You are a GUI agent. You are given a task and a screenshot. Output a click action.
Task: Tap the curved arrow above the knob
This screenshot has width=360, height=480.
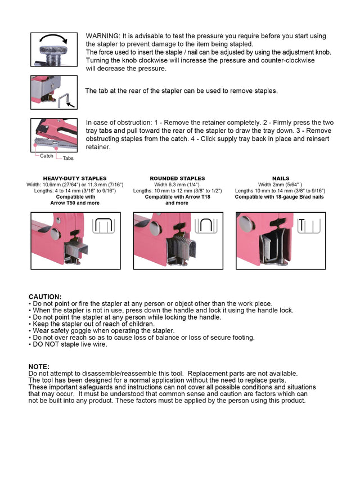(54, 40)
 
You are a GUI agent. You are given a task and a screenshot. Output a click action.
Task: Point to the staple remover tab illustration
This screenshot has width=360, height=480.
(54, 92)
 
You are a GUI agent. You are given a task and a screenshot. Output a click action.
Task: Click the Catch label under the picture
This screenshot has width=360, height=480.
(47, 156)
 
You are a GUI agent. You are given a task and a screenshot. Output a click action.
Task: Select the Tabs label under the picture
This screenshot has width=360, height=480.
(68, 158)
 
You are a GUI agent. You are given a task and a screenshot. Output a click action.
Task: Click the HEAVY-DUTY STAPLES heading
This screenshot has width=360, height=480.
(75, 178)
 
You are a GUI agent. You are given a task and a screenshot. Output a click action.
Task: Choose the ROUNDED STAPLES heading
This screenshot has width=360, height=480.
(177, 178)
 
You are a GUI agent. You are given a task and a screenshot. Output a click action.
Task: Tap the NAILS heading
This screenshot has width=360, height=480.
(281, 178)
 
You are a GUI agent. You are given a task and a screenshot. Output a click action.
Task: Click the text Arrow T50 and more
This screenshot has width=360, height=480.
(75, 203)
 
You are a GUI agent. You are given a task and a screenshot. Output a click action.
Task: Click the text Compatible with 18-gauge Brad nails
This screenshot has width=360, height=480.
(280, 197)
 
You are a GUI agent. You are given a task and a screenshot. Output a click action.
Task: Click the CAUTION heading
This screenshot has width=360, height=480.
(45, 297)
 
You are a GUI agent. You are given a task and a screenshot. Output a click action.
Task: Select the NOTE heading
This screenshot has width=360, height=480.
(39, 366)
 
